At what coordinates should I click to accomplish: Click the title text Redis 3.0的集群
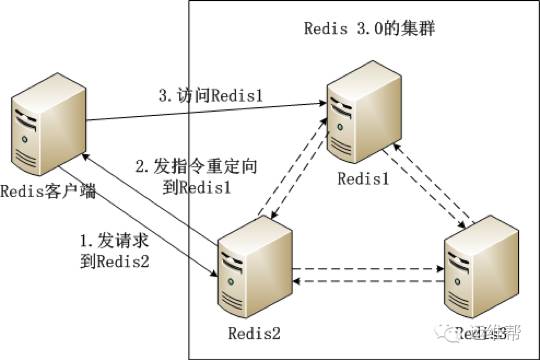369,27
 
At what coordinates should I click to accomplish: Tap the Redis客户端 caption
48,191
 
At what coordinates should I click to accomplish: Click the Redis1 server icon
363,112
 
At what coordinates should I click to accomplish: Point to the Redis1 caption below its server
362,177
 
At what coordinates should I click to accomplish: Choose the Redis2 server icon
251,263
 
